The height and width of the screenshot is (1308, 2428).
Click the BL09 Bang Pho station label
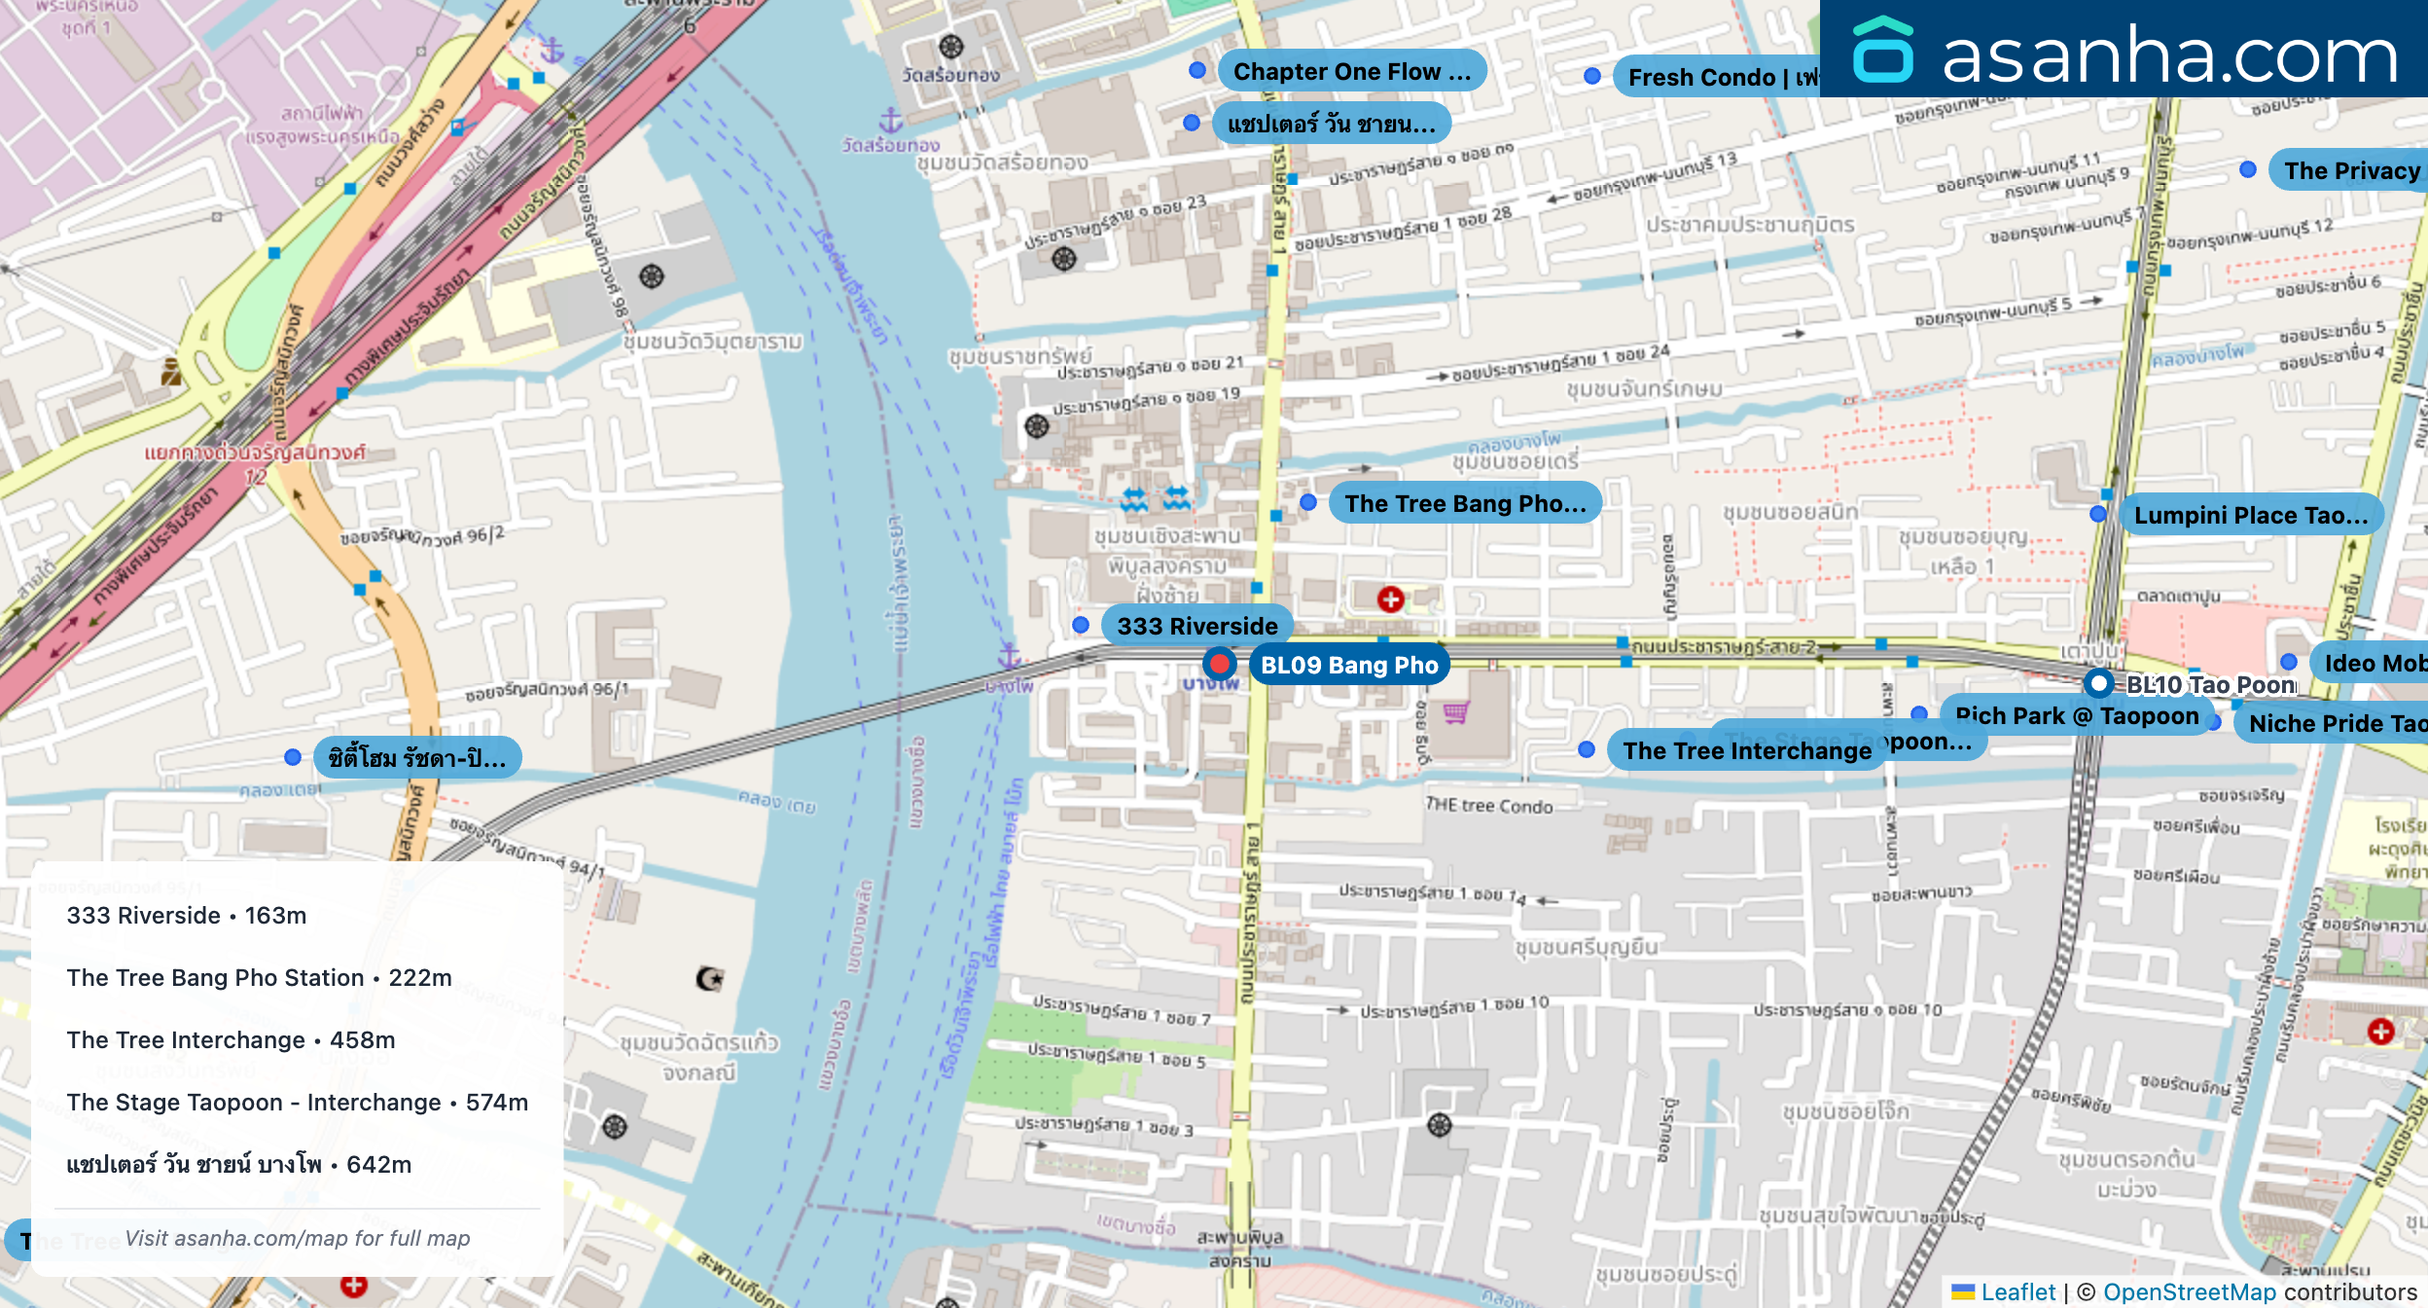coord(1348,666)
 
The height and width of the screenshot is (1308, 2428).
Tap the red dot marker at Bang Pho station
coord(1219,665)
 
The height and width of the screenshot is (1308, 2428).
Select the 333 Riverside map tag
coord(1196,626)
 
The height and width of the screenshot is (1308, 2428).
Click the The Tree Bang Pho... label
coord(1464,503)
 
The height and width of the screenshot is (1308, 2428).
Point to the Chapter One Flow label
coord(1350,72)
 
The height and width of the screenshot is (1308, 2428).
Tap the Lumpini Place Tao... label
coord(2250,515)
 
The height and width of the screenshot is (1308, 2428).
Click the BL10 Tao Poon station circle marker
coord(2099,683)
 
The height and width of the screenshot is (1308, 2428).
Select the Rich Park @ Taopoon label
coord(2076,716)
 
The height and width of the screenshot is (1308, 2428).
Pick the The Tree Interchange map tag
coord(1746,751)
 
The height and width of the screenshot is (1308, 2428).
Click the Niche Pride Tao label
coord(2335,724)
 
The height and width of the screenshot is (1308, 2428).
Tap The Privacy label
coord(2350,171)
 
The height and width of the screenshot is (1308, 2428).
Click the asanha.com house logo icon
coord(1882,51)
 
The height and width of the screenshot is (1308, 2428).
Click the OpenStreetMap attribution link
coord(2189,1292)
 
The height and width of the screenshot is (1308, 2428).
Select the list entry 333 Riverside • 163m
coord(187,916)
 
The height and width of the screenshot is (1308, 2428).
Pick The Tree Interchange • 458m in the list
coord(231,1040)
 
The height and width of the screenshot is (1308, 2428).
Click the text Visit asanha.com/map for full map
coord(297,1239)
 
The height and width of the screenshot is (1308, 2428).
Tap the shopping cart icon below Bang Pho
coord(1455,713)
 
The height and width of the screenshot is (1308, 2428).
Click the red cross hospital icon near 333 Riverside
coord(1390,599)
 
